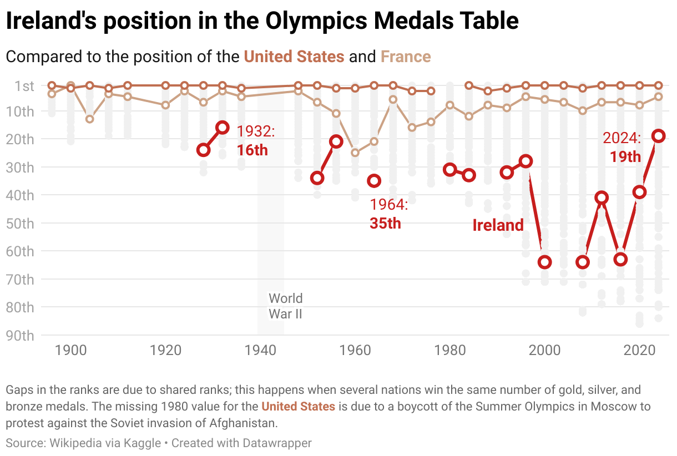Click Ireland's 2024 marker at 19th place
(658, 136)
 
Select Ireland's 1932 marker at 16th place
(223, 128)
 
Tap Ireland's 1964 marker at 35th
(374, 180)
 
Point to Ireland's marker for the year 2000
(544, 262)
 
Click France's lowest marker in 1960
(355, 153)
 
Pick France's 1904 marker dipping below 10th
(90, 119)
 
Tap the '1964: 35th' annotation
(388, 214)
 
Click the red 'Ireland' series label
(498, 225)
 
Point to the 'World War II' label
(285, 306)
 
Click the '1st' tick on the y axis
(24, 86)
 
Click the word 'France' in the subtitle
(406, 57)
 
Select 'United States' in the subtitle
(294, 57)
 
